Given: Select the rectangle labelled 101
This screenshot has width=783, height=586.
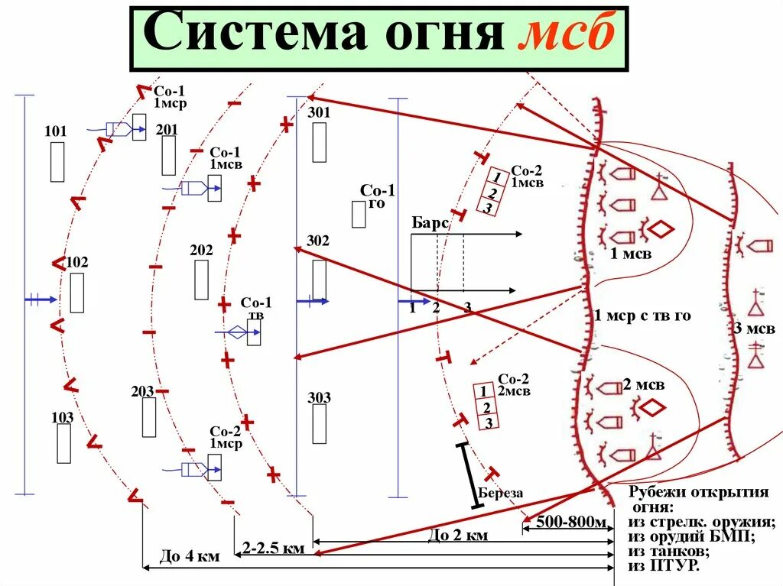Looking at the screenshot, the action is coord(57,162).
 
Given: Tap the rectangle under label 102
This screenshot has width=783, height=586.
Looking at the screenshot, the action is coord(76,293).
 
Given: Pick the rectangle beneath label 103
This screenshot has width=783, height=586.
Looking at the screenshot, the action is coord(63,443).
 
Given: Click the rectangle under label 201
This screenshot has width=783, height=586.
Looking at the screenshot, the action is coord(168,156).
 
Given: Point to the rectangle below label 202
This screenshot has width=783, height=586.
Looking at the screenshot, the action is coord(201,280).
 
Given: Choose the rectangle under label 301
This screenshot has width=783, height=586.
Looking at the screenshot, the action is coord(319,142).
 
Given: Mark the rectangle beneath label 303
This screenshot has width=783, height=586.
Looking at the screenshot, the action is coord(319,424).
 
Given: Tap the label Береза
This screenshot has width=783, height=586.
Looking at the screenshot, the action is coord(501,493).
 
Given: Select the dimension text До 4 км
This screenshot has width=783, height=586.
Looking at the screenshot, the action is coord(189,557).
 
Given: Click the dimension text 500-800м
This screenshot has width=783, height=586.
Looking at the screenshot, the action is coord(571,523).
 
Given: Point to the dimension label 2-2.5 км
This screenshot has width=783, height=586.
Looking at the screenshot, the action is coord(274,548).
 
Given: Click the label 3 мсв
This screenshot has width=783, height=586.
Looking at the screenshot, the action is coord(755,329).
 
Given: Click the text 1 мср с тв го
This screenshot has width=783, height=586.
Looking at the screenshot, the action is coord(642,316).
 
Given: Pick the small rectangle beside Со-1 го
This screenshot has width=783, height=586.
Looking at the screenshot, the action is coord(359,215).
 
